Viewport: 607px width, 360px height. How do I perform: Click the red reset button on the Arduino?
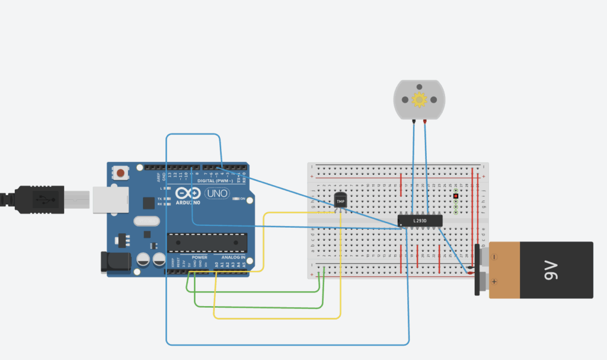(x=121, y=173)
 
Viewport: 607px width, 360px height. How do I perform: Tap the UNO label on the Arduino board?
(x=215, y=193)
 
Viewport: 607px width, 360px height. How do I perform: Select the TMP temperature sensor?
(x=340, y=201)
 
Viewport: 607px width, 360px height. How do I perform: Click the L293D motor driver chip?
(x=420, y=221)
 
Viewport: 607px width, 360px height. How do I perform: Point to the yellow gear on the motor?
(x=419, y=100)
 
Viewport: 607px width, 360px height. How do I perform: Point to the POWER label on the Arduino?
(x=200, y=257)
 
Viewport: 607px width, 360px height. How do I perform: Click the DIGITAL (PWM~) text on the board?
(x=213, y=180)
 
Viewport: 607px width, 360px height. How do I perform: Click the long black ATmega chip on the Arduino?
(x=207, y=242)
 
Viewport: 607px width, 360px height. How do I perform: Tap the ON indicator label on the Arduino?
(x=242, y=199)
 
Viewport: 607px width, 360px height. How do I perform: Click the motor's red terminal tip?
(x=426, y=121)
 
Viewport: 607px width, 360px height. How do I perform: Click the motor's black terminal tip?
(x=413, y=121)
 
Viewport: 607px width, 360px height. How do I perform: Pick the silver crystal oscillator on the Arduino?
(x=146, y=221)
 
